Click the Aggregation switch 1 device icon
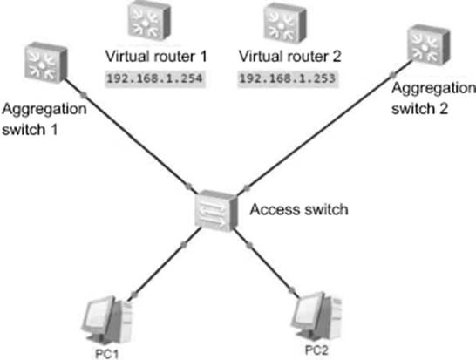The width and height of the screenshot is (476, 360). pyautogui.click(x=45, y=63)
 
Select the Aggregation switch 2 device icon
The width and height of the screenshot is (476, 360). pyautogui.click(x=428, y=45)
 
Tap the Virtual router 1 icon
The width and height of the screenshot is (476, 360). pyautogui.click(x=149, y=20)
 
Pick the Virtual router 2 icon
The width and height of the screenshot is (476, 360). pyautogui.click(x=285, y=23)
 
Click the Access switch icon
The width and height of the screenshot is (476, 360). pyautogui.click(x=216, y=211)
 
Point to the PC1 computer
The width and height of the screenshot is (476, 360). pyautogui.click(x=107, y=320)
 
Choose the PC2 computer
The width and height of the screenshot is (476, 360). pyautogui.click(x=316, y=316)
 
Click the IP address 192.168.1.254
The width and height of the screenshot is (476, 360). pyautogui.click(x=155, y=78)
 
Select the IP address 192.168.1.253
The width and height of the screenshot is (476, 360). pyautogui.click(x=288, y=78)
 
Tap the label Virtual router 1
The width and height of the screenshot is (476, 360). pyautogui.click(x=156, y=57)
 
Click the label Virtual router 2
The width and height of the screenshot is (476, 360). pyautogui.click(x=290, y=57)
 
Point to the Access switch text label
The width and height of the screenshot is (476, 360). pyautogui.click(x=299, y=210)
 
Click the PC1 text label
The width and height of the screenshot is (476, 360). pyautogui.click(x=107, y=354)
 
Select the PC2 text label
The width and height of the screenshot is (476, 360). pyautogui.click(x=316, y=350)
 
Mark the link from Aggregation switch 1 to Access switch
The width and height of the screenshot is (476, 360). pyautogui.click(x=131, y=135)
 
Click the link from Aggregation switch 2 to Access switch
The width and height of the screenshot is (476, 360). pyautogui.click(x=324, y=127)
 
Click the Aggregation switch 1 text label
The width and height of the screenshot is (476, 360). pyautogui.click(x=44, y=119)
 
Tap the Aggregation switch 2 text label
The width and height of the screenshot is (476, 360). pyautogui.click(x=433, y=98)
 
